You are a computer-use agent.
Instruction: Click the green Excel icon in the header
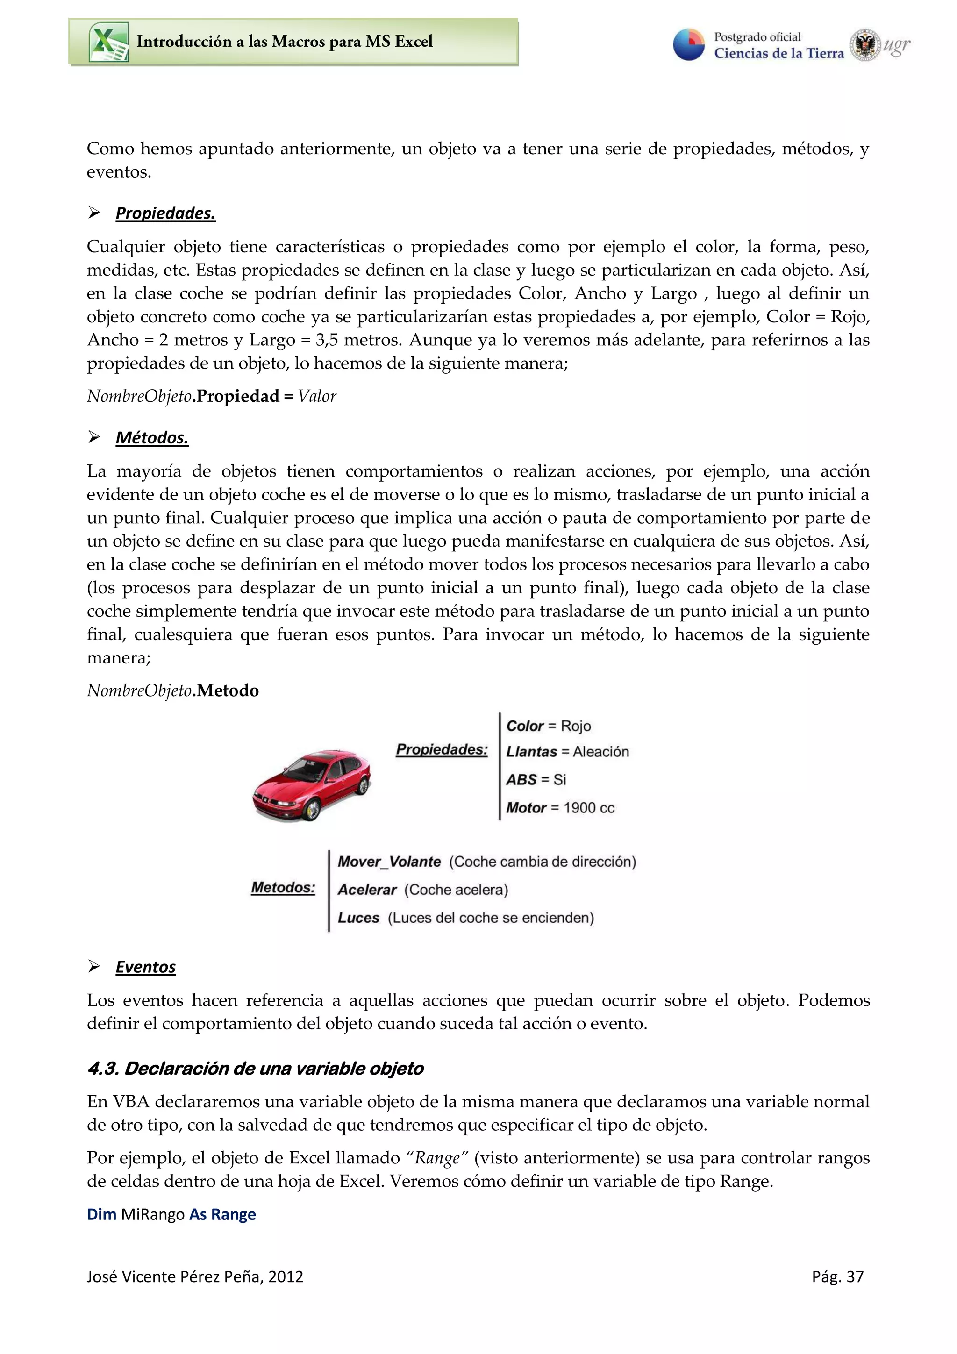[x=108, y=42]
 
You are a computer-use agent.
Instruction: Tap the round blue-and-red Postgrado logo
[x=689, y=44]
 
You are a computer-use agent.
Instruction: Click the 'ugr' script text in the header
[x=897, y=45]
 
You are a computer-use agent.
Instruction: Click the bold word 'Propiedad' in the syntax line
[x=238, y=396]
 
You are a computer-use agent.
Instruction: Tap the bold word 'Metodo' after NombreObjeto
[x=228, y=691]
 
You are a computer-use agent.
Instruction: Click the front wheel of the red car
[x=310, y=810]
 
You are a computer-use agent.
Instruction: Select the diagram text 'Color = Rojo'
[x=549, y=726]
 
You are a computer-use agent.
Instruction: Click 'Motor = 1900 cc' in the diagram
[x=560, y=808]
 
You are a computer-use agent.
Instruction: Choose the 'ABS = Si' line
[x=536, y=780]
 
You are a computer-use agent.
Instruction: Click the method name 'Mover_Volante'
[x=389, y=862]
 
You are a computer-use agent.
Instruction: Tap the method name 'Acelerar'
[x=367, y=890]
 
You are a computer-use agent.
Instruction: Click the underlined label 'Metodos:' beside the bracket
[x=283, y=888]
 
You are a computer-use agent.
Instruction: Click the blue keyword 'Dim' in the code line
[x=101, y=1214]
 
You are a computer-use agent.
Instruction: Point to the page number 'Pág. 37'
[x=837, y=1277]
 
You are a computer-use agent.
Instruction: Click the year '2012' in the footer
[x=286, y=1277]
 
